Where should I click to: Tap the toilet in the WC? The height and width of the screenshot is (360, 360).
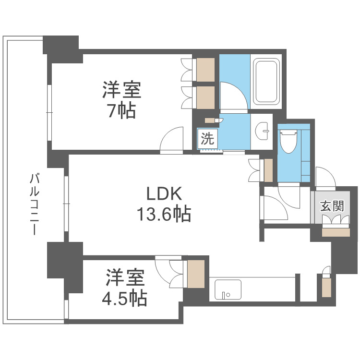289,141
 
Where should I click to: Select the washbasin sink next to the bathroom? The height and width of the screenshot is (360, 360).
262,130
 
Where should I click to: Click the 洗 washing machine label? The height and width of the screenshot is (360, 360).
207,139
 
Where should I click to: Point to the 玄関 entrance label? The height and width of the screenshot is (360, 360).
332,206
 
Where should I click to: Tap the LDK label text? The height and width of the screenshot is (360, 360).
164,194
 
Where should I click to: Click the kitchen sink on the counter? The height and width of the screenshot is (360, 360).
225,290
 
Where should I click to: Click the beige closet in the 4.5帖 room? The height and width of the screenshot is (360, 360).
195,273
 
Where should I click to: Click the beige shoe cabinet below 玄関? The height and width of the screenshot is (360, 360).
336,232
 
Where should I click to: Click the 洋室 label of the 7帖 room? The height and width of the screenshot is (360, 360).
121,90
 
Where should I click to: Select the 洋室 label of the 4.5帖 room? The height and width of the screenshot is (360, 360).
124,278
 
